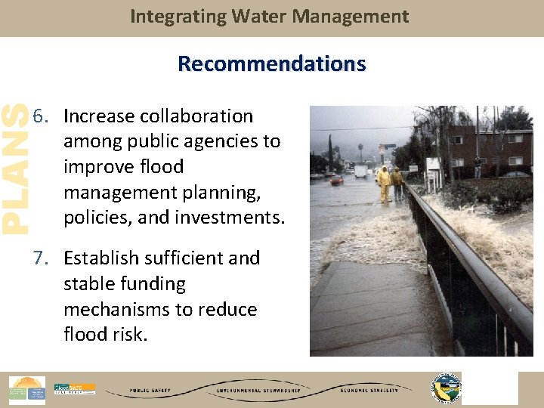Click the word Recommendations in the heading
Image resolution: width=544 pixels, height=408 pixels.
(x=271, y=63)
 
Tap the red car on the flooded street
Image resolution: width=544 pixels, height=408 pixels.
(x=337, y=181)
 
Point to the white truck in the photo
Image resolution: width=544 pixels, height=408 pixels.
(x=361, y=172)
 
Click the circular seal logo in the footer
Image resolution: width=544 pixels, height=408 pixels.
(x=445, y=388)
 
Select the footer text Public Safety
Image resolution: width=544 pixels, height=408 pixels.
(x=150, y=391)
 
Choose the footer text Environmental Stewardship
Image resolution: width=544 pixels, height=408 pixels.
(x=259, y=391)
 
